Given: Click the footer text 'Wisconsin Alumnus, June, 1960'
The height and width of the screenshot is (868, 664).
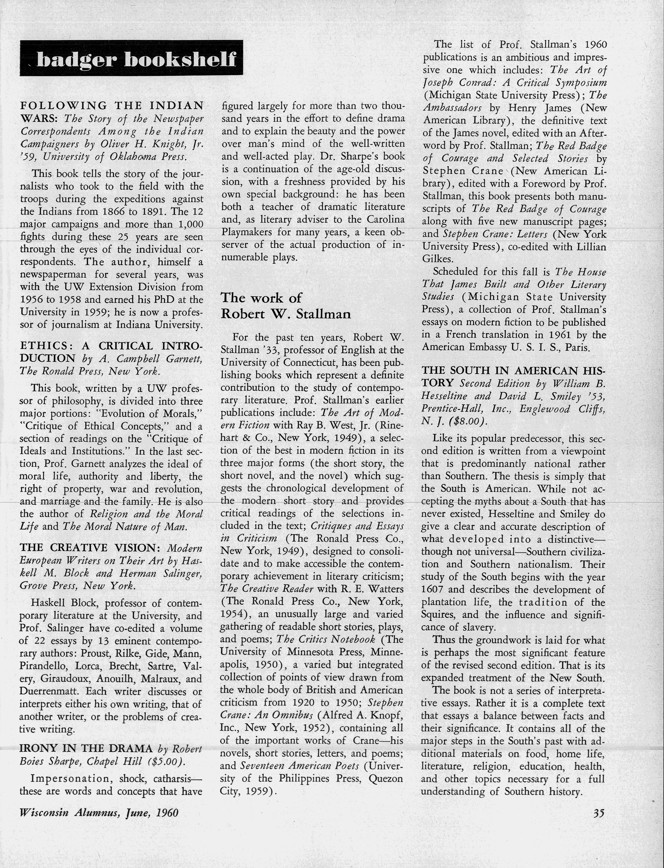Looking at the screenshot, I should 99,813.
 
